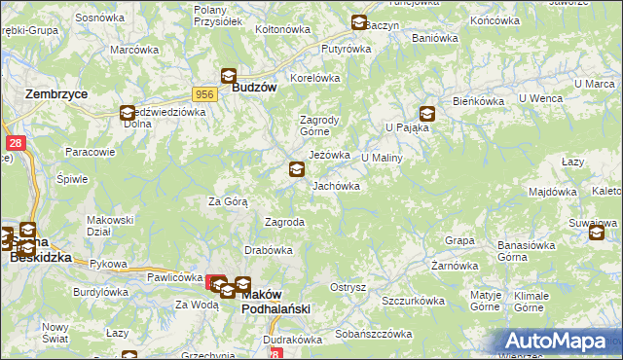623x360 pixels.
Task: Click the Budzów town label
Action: click(256, 87)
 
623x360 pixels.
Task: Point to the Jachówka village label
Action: click(336, 185)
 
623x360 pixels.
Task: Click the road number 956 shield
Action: click(204, 93)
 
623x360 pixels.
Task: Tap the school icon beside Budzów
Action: click(228, 75)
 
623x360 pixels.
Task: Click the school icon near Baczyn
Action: click(358, 22)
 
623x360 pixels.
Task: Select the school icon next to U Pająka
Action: click(426, 113)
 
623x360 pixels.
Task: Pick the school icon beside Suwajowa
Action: click(596, 232)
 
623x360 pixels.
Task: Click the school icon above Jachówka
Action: click(296, 169)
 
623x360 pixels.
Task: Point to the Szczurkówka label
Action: click(413, 301)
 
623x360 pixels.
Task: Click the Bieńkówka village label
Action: click(477, 101)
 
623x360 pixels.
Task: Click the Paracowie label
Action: click(90, 152)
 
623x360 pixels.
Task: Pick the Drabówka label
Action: click(269, 250)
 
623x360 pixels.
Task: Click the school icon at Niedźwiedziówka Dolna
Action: click(128, 112)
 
